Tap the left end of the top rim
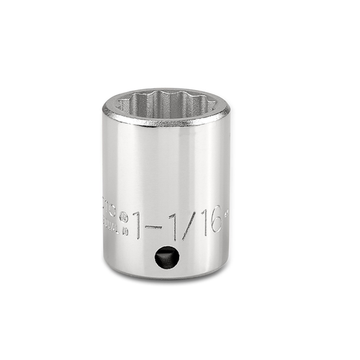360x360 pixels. [x=105, y=109]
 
